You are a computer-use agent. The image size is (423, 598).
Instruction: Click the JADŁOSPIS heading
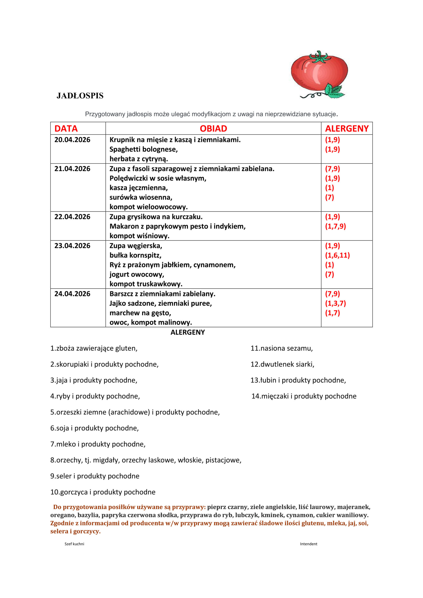(x=80, y=96)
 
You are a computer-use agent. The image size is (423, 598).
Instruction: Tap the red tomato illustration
(x=319, y=73)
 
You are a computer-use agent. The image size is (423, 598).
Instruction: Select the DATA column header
(x=66, y=129)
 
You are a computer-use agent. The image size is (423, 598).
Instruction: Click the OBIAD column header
(x=213, y=129)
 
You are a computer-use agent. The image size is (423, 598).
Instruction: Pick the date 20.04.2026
(x=72, y=140)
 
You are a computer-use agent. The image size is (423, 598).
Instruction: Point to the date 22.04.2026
(x=72, y=217)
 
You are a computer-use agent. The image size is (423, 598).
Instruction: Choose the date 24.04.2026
(x=72, y=294)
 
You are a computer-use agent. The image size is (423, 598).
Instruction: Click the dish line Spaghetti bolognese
(x=143, y=149)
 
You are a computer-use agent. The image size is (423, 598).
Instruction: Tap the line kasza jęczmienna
(x=138, y=188)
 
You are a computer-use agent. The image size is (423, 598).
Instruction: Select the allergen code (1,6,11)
(x=337, y=255)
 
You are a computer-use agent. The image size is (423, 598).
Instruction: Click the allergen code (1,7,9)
(x=335, y=226)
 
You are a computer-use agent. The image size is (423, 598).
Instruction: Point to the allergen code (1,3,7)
(x=335, y=303)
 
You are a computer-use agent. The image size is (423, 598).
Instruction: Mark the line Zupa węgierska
(x=136, y=246)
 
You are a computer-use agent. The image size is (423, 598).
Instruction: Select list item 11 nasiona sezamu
(x=281, y=348)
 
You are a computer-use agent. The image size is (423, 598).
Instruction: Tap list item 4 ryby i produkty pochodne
(x=95, y=396)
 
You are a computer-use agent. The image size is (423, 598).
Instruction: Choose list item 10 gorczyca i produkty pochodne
(x=103, y=492)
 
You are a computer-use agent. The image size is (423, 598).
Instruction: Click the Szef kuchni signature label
(x=74, y=544)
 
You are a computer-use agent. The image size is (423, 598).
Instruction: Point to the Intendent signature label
(x=308, y=544)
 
